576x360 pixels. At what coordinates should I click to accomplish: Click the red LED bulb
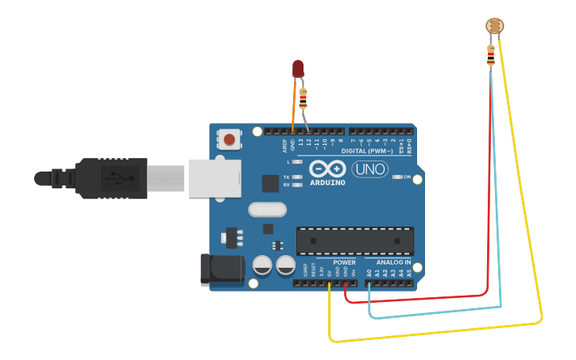pyautogui.click(x=299, y=68)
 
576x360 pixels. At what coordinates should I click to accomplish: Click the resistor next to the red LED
pyautogui.click(x=303, y=99)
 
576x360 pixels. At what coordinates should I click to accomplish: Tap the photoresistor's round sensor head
pyautogui.click(x=493, y=27)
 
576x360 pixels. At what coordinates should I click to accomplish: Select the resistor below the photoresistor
pyautogui.click(x=491, y=56)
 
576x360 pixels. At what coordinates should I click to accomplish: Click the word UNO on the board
pyautogui.click(x=369, y=169)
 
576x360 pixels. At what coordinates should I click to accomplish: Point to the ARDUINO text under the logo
pyautogui.click(x=327, y=183)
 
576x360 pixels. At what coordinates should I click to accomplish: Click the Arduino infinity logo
pyautogui.click(x=327, y=168)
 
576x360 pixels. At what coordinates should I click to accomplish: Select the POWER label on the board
pyautogui.click(x=344, y=262)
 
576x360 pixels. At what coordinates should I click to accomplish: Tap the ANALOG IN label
pyautogui.click(x=393, y=262)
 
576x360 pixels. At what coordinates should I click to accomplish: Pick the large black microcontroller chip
pyautogui.click(x=355, y=242)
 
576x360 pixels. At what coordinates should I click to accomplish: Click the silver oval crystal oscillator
pyautogui.click(x=267, y=210)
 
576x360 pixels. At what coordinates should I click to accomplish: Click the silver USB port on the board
pyautogui.click(x=214, y=177)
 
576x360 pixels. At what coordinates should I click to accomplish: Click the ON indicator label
pyautogui.click(x=407, y=176)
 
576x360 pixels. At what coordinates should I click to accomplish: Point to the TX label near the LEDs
pyautogui.click(x=286, y=176)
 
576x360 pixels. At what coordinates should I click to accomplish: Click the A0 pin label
pyautogui.click(x=369, y=273)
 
